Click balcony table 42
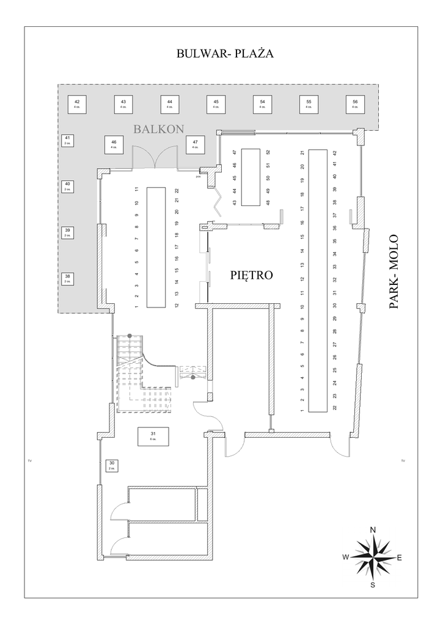click(77, 104)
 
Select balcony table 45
click(216, 104)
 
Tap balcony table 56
click(354, 104)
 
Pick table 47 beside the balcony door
click(195, 145)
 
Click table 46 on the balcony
click(114, 145)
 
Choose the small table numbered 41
click(68, 141)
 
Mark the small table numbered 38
click(68, 279)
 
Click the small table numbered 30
click(112, 465)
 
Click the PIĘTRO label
click(251, 275)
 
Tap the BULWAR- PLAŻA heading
click(224, 54)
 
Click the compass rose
click(372, 556)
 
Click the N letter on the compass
click(373, 529)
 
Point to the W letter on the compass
click(345, 557)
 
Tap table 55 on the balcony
click(309, 104)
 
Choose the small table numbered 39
click(68, 232)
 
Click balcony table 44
click(169, 104)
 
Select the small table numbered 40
click(68, 186)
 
